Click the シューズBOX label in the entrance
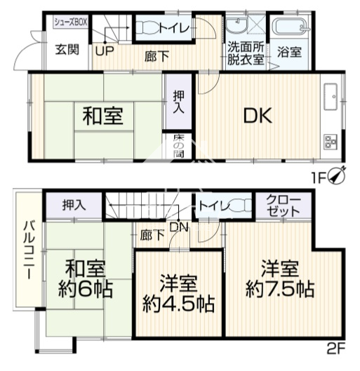tap(71, 22)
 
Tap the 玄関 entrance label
tap(67, 50)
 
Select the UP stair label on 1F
tap(105, 50)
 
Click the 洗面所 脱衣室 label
tap(246, 53)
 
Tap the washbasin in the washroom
tap(236, 26)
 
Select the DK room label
tap(258, 115)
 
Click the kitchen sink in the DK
tap(331, 96)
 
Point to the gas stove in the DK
tap(331, 142)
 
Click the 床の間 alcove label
tap(178, 146)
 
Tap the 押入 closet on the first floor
tap(178, 102)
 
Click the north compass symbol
tap(336, 175)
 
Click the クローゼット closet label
tap(284, 206)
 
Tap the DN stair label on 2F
tap(179, 227)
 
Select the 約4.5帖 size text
tap(178, 304)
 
